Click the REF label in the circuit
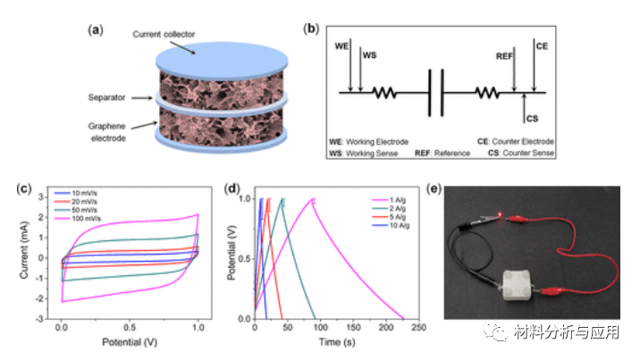pyautogui.click(x=506, y=54)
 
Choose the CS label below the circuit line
pyautogui.click(x=532, y=118)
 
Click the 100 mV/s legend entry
pyautogui.click(x=92, y=218)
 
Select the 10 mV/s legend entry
pyautogui.click(x=90, y=192)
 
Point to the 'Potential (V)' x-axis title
pyautogui.click(x=130, y=342)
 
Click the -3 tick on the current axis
pyautogui.click(x=40, y=319)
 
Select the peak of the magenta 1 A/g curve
pyautogui.click(x=313, y=199)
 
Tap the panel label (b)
pyautogui.click(x=312, y=29)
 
